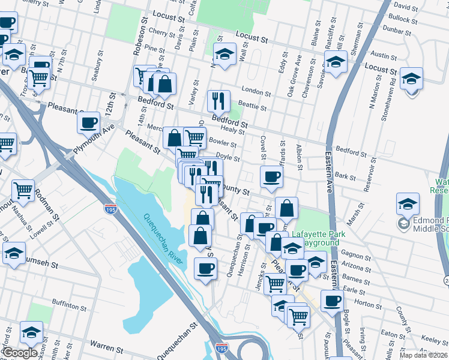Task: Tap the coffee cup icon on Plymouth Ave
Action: pyautogui.click(x=89, y=122)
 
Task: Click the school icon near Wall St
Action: pyautogui.click(x=224, y=55)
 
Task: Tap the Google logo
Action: pyautogui.click(x=19, y=353)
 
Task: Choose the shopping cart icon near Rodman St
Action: pyautogui.click(x=23, y=190)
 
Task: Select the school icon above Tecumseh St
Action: pyautogui.click(x=14, y=253)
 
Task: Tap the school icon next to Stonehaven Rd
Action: pyautogui.click(x=411, y=79)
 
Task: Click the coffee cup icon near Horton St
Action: pyautogui.click(x=331, y=301)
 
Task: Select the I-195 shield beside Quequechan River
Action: pyautogui.click(x=109, y=209)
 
